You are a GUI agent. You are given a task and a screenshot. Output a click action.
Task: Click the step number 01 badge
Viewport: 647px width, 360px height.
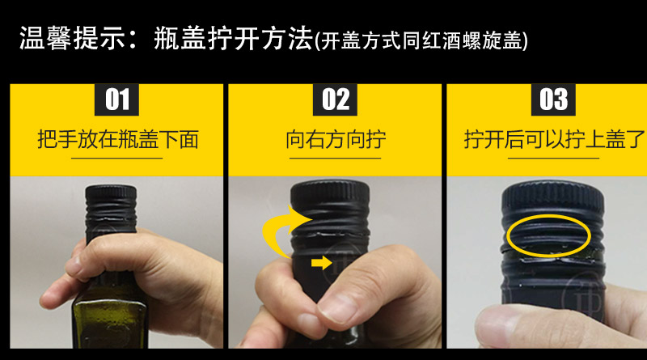116,100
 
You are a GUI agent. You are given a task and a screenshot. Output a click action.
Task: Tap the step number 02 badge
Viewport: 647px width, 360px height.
335,100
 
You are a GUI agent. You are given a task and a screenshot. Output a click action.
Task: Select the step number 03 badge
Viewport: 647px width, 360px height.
553,100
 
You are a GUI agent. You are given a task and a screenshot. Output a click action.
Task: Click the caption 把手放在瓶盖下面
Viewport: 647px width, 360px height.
118,139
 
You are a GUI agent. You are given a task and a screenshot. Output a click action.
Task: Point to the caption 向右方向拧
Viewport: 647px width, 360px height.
336,139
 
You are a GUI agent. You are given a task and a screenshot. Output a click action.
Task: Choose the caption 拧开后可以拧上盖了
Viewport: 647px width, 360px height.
554,139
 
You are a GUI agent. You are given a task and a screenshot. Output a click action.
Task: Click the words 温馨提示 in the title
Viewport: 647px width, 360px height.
71,38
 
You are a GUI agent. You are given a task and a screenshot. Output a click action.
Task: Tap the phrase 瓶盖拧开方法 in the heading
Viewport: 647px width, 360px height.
234,38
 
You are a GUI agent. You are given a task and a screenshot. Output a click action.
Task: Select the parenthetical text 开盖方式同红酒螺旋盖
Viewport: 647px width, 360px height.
421,41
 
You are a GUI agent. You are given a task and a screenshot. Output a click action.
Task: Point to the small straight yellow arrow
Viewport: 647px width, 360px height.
321,263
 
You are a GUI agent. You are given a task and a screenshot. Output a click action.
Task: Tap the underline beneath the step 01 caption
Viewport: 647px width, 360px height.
116,158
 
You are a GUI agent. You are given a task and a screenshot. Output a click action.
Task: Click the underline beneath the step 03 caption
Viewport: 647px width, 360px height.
553,158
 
